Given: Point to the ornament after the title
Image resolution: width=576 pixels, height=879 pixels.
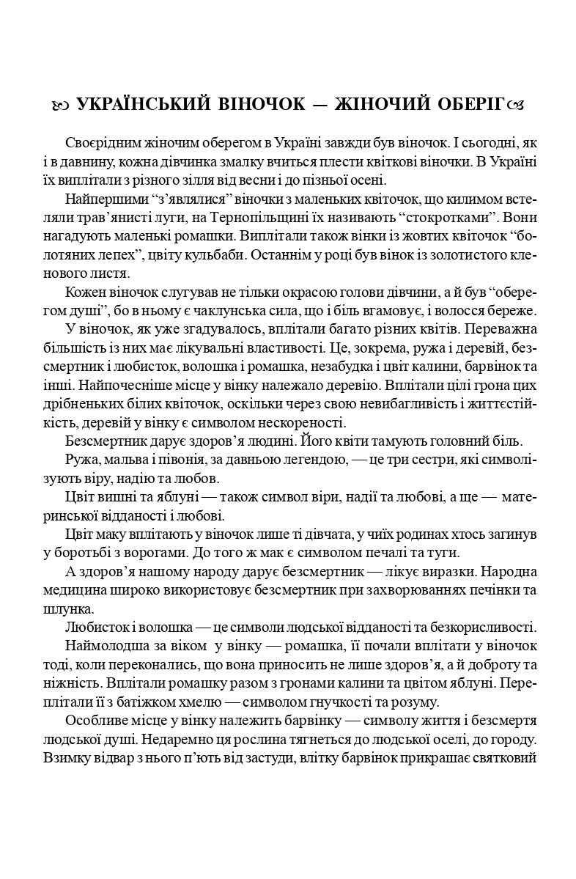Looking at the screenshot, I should click(x=516, y=106).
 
